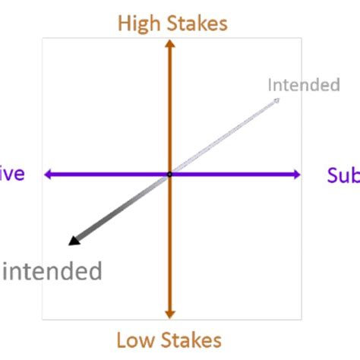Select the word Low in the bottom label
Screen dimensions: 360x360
(135, 339)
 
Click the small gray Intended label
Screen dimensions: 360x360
(303, 85)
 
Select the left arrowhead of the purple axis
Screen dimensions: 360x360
(48, 175)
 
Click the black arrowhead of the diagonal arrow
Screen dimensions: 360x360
(74, 241)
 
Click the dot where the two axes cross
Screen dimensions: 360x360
(170, 175)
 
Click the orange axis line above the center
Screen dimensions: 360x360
(170, 106)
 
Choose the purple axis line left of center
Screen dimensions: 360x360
(106, 175)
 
